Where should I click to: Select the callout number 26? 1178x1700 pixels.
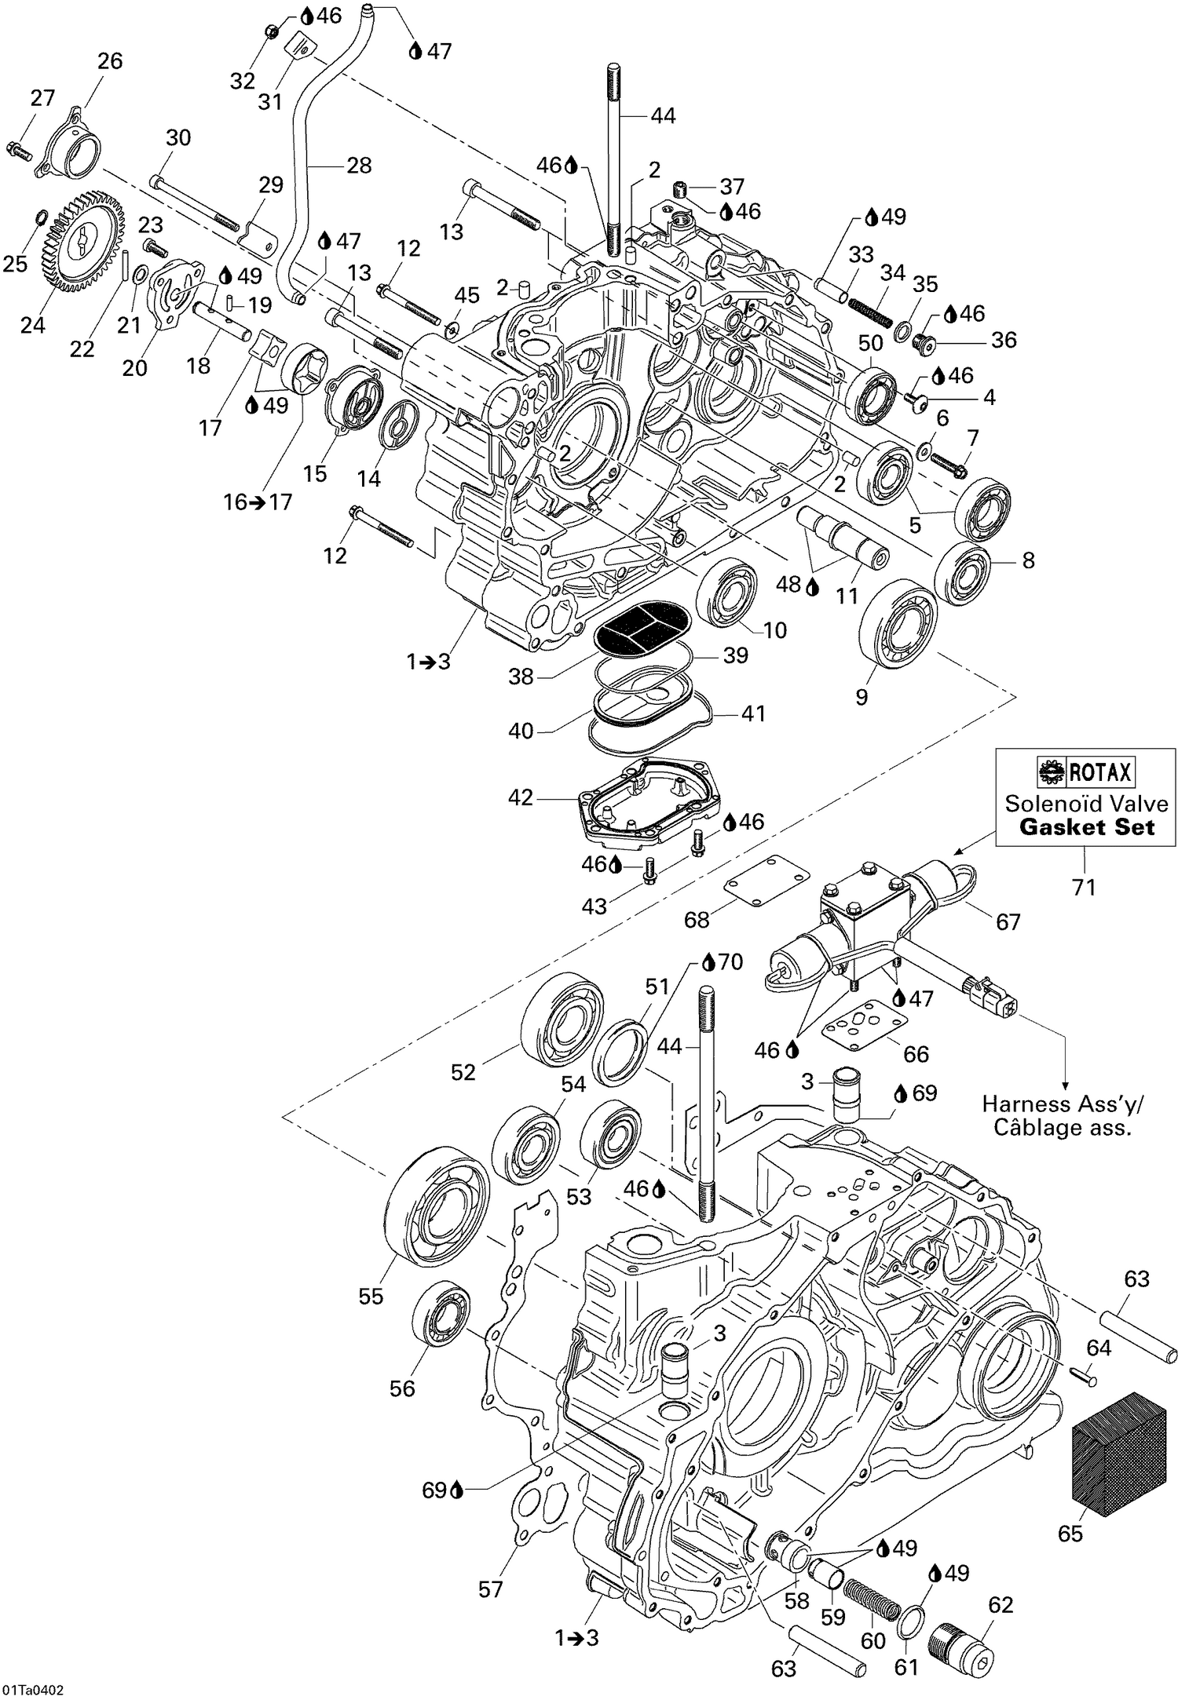(110, 61)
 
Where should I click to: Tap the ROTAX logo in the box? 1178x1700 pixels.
(1086, 773)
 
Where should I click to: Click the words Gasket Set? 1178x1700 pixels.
(1087, 827)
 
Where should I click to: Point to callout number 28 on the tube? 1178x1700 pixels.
(358, 166)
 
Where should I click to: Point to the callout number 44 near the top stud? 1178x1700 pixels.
(663, 115)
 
